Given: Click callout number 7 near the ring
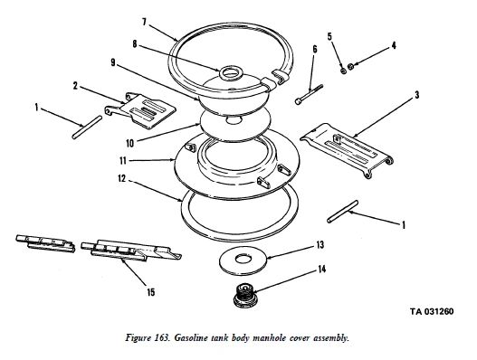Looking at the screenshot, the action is point(144,23).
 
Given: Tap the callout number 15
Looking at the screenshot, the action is point(151,292).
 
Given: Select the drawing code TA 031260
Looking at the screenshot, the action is point(432,311).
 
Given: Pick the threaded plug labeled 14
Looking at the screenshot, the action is point(245,295).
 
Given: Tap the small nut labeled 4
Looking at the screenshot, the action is point(350,66).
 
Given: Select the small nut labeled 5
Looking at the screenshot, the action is point(343,71).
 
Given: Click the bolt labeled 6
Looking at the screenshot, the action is point(309,95).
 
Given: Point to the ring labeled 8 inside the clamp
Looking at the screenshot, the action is point(230,73).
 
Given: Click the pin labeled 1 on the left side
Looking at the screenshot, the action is point(87,128).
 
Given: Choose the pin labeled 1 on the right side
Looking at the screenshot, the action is point(342,212).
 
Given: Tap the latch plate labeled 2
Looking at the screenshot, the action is point(140,111).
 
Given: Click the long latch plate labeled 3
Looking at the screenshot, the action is point(347,150).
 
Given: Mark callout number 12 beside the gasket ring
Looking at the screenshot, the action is point(121,178).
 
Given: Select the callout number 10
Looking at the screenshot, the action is point(130,143).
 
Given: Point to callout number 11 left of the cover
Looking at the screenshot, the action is point(123,160).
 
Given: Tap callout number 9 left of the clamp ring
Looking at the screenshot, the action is point(113,63).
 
